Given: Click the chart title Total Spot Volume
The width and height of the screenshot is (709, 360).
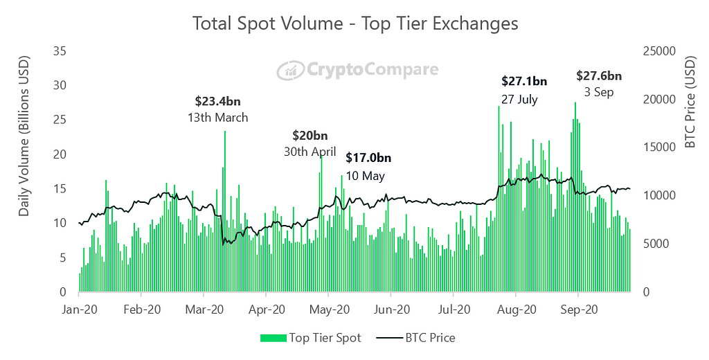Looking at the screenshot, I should (354, 23).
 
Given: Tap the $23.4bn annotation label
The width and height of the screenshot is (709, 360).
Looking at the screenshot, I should (217, 101).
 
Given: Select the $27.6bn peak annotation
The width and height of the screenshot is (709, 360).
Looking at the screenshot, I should (599, 75).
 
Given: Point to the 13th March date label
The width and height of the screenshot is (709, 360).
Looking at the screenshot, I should (217, 118).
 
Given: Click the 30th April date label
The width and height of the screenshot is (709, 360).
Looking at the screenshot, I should (309, 152).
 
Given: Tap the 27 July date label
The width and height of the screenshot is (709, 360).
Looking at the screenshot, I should (519, 99).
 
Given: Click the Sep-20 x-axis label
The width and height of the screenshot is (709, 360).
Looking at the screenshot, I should (579, 309).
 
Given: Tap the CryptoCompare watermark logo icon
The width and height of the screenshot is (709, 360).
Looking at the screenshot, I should (287, 70).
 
